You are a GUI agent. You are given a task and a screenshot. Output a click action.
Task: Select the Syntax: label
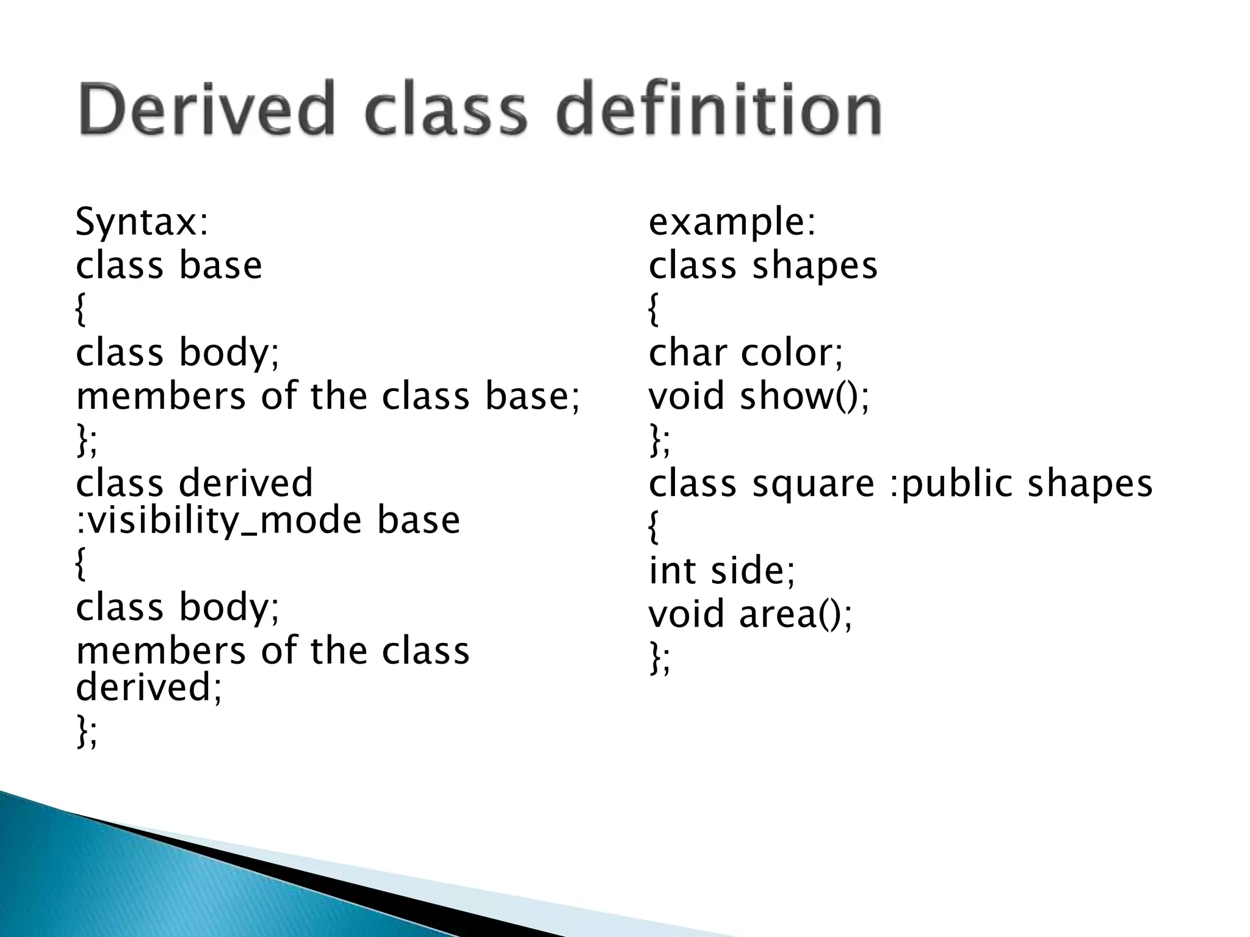coord(142,223)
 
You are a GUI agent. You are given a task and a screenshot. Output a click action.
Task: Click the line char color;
coord(745,353)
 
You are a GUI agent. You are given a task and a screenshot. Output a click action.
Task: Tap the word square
coord(813,484)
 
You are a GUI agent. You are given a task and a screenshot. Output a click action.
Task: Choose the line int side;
coord(721,571)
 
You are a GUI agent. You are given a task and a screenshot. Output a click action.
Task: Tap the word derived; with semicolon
coord(149,687)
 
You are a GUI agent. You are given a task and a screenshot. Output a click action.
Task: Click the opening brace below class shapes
coord(653,310)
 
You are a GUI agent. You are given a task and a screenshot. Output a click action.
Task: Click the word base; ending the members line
coord(532,397)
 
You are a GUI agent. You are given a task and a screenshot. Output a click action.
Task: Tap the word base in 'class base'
coord(220,267)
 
